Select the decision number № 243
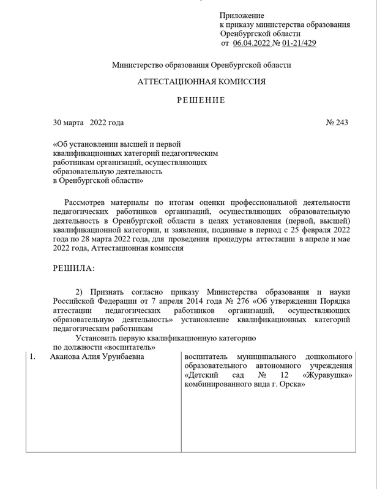[x=337, y=123]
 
